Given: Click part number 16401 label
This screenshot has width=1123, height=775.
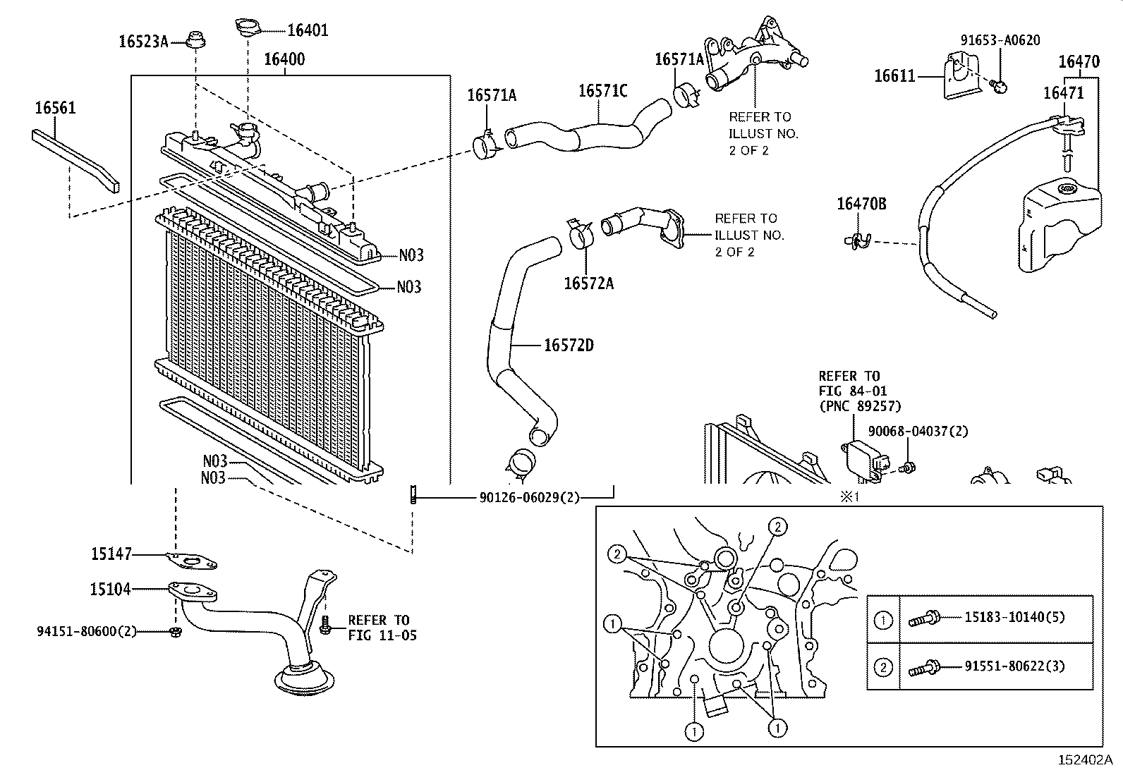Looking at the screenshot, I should pos(308,30).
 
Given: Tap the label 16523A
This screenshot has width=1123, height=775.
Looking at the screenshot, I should pos(143,42).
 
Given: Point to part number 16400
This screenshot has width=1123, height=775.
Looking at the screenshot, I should pos(284,59).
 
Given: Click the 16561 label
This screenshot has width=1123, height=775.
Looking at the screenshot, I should pos(55,108).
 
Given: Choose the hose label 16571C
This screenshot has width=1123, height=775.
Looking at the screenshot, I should pos(603,91).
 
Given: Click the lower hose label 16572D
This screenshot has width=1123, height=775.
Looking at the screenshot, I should pos(569,346).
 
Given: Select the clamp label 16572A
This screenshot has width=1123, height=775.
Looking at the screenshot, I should pos(588,283).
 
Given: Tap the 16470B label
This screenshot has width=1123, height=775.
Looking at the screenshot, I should pos(861,205).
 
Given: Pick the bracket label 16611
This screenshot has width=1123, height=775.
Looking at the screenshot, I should pos(894,75).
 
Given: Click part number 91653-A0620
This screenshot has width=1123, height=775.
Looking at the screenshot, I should pos(1000,41).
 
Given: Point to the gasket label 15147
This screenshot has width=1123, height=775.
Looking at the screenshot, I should pos(111,554).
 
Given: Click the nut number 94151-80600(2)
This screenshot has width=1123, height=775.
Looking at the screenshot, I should pos(87,631).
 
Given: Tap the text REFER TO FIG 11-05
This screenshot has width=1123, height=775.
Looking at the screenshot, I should pos(382,628).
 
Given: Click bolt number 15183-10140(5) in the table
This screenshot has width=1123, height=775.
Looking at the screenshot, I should pos(1015,617).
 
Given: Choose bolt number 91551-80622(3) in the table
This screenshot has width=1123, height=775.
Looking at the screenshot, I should pos(1015,666).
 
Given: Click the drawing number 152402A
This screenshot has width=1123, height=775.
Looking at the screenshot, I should pos(1084,760).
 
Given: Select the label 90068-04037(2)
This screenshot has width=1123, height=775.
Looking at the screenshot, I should pos(918,431).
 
